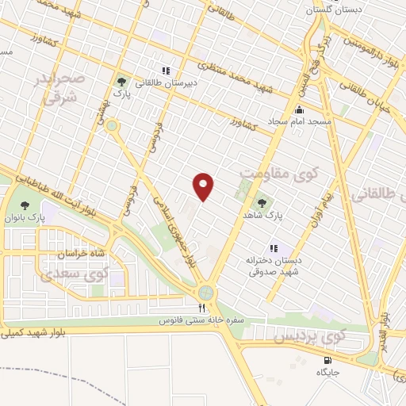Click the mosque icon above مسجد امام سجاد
299,110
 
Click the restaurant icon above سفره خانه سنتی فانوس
201,308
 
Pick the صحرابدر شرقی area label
57,89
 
